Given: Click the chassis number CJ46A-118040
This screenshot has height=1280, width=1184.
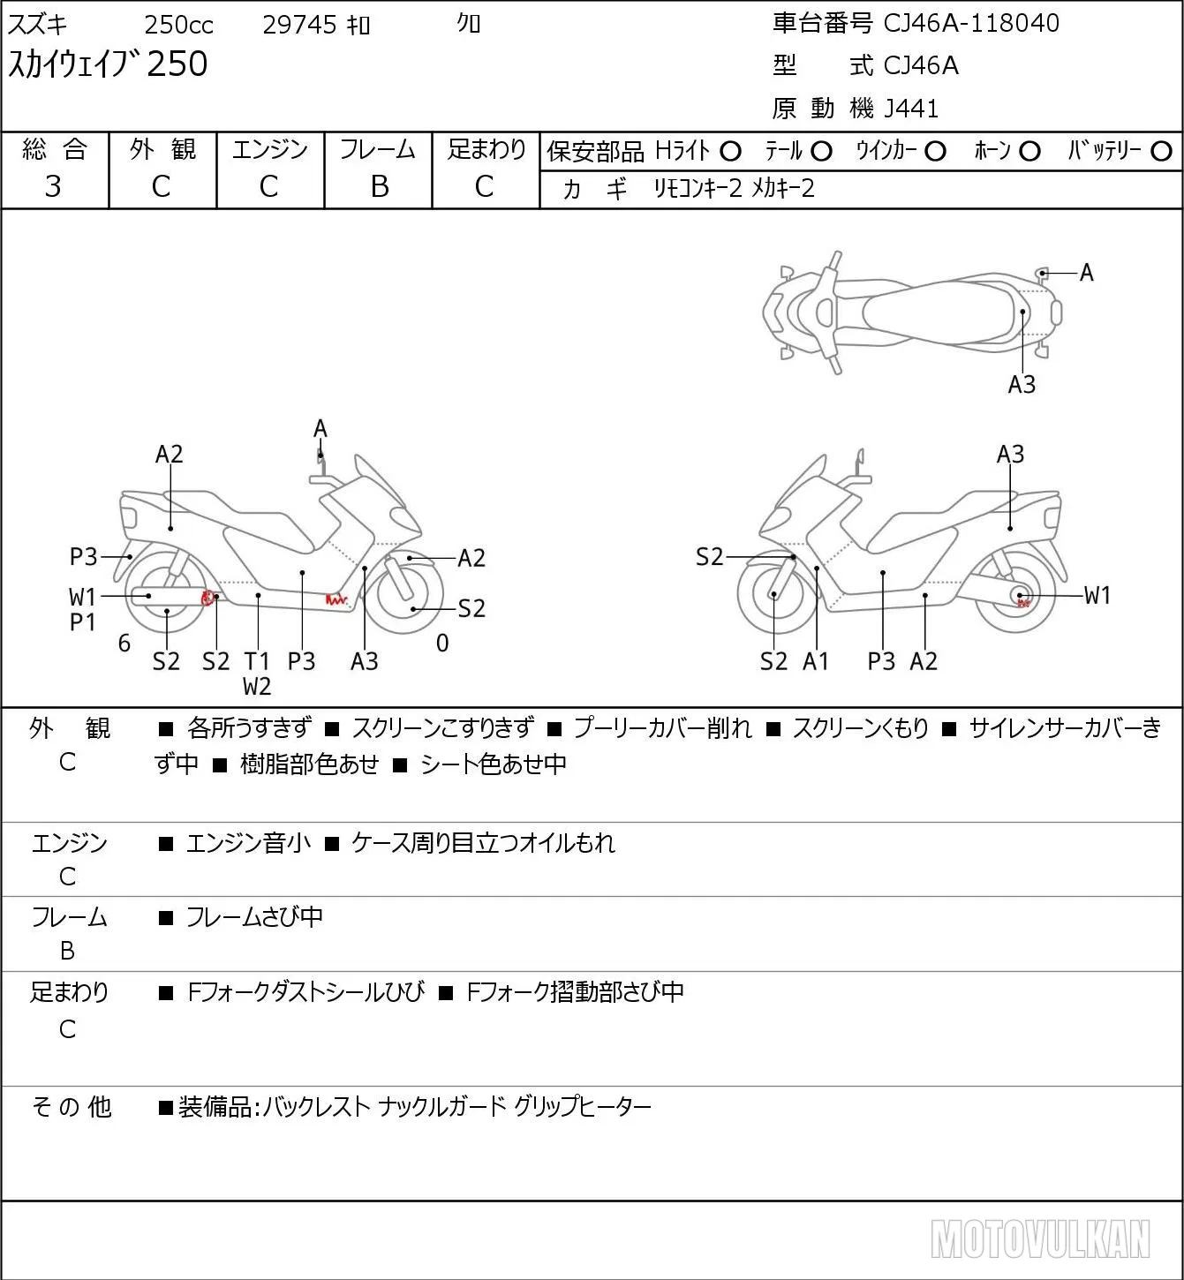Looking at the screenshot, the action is coord(970,24).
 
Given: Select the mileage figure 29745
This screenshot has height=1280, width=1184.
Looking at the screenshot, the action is coord(299,25).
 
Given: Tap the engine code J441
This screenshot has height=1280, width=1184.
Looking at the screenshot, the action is coord(911,109).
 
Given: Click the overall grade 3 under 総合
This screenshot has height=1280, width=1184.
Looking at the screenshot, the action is coord(53,187).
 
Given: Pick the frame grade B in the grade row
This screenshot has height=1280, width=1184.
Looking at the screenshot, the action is coord(379,187).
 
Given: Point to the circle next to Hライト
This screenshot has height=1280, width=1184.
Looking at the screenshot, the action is coord(730,152).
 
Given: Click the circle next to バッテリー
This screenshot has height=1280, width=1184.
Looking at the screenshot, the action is coord(1161,152).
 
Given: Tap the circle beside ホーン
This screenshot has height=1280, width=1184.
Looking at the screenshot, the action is coord(1029,152).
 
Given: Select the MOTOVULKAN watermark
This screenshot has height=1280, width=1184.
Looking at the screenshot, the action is coord(1040,1239).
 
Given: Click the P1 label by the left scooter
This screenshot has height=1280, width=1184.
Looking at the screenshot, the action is coord(82,622).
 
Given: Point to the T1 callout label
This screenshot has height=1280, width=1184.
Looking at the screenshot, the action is coord(257,661).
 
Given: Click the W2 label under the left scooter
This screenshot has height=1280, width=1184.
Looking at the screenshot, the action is coord(257,687).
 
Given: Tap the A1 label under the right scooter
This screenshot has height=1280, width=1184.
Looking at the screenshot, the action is coord(816,661).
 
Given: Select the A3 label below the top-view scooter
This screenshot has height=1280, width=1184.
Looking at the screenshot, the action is coord(1022,385).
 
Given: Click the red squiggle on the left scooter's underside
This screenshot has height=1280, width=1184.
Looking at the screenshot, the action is coord(336,600).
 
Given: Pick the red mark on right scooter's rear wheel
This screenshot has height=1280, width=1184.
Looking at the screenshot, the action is coord(1023,603).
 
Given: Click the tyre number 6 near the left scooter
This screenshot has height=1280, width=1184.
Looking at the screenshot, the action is coord(124,644).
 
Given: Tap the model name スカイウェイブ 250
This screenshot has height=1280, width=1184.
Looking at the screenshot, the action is coord(108,64).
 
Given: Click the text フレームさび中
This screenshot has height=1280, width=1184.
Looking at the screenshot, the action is coord(254,917).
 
